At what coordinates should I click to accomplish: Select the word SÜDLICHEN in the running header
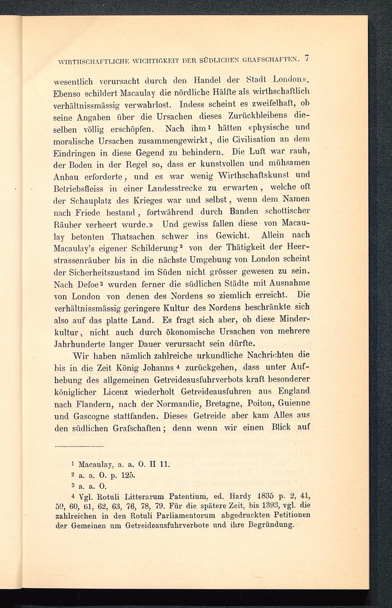[x=218, y=61]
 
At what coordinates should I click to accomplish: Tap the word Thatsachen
[x=133, y=237]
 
